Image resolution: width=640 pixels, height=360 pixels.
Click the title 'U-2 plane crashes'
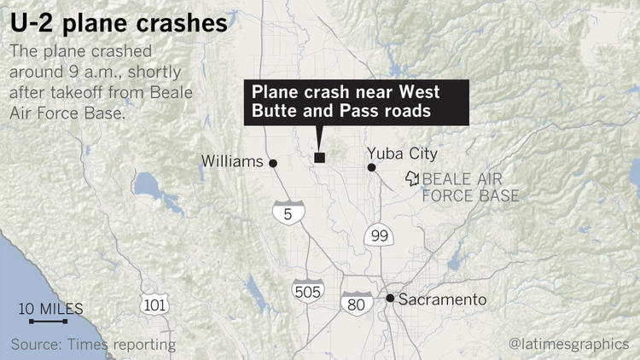pyautogui.click(x=119, y=23)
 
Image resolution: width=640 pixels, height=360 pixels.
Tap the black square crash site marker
pyautogui.click(x=320, y=157)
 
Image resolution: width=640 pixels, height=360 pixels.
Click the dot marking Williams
pyautogui.click(x=273, y=163)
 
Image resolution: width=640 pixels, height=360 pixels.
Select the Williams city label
pyautogui.click(x=233, y=160)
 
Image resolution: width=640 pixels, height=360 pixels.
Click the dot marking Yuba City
pyautogui.click(x=371, y=167)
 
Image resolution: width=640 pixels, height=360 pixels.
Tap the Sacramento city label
pyautogui.click(x=442, y=299)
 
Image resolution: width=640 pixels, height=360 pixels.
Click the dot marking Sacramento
pyautogui.click(x=390, y=299)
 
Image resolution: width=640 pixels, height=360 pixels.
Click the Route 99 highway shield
pyautogui.click(x=376, y=235)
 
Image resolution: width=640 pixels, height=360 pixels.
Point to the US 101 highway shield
pyautogui.click(x=156, y=305)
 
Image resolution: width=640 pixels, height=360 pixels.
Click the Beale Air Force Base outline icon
pyautogui.click(x=413, y=178)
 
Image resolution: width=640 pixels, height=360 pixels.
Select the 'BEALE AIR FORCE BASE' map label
pyautogui.click(x=471, y=188)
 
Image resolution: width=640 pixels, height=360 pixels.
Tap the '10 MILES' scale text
pyautogui.click(x=50, y=307)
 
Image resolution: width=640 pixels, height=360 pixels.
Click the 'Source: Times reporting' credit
pyautogui.click(x=94, y=344)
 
